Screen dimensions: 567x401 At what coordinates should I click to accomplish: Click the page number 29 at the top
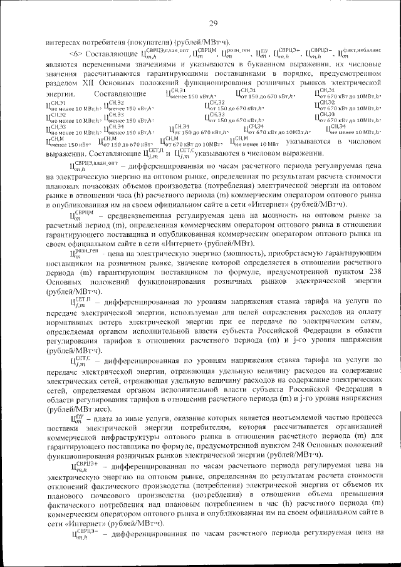coord(213,23)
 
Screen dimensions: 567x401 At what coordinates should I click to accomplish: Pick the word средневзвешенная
coord(138,232)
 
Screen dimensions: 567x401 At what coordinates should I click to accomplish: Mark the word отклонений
coord(66,495)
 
